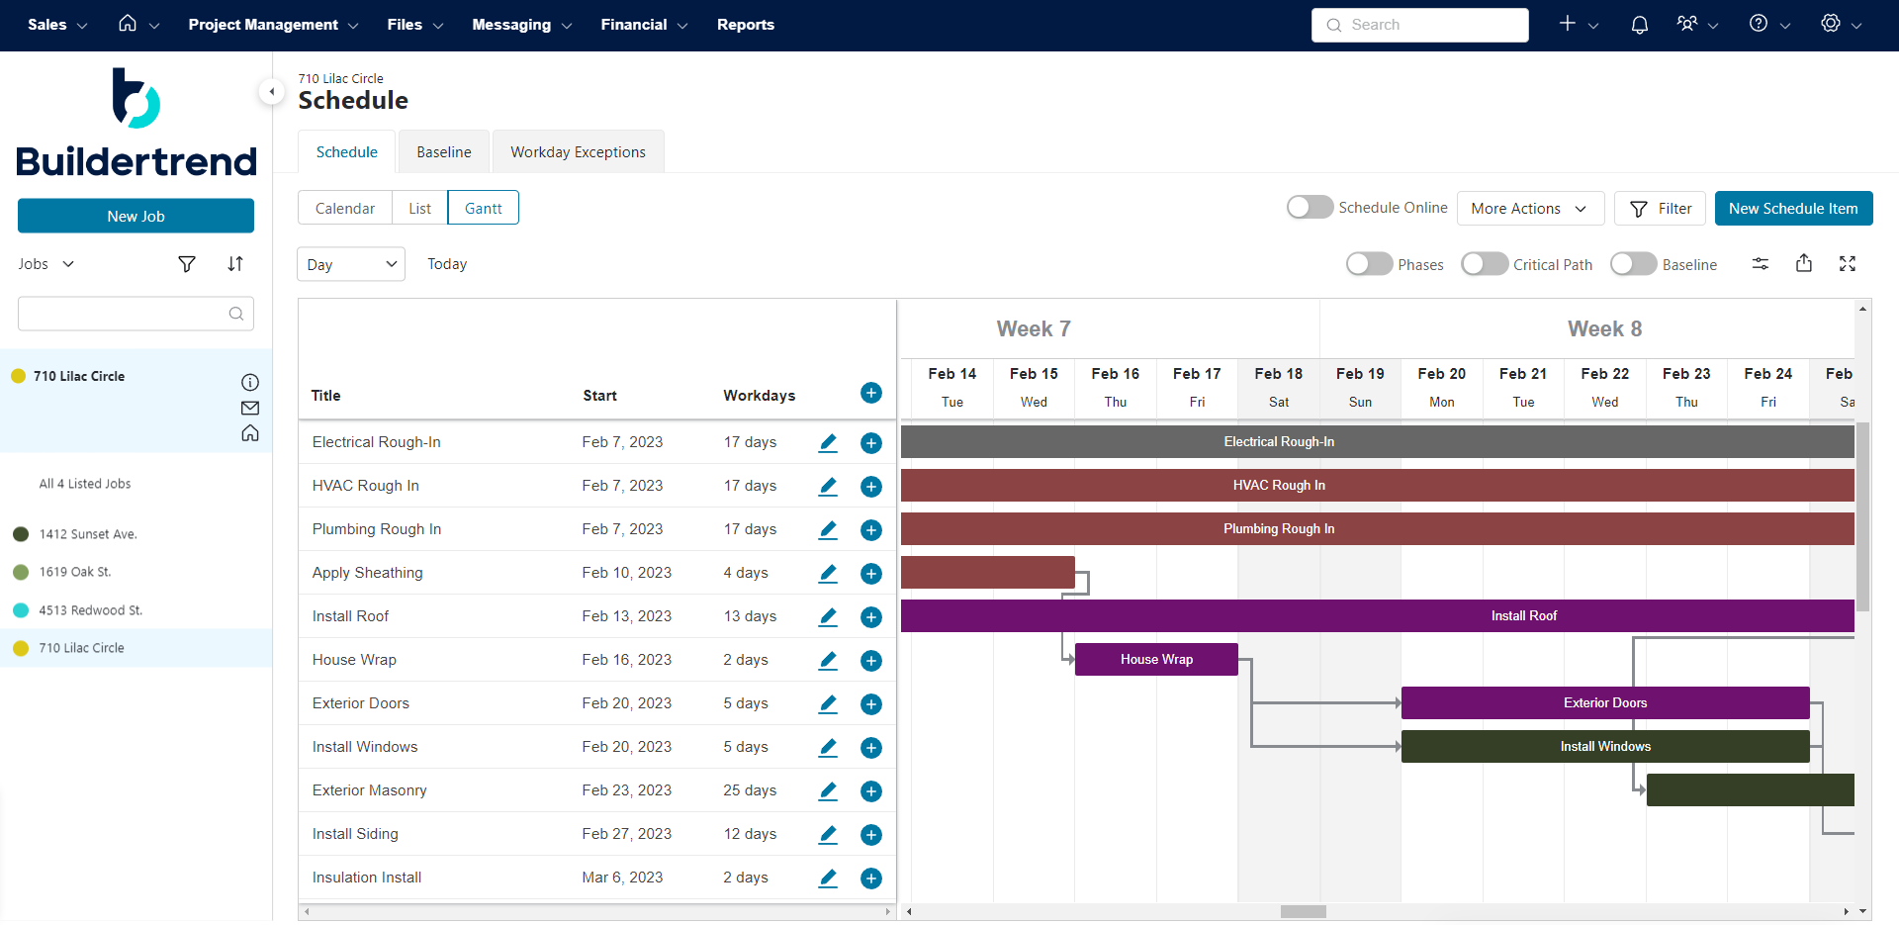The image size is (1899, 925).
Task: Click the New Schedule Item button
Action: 1792,209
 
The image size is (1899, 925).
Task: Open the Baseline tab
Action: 443,152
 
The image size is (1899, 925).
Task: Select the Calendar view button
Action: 345,209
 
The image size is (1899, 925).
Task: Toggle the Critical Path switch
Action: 1485,264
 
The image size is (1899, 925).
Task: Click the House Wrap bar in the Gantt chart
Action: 1155,660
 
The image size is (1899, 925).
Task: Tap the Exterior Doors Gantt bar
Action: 1604,703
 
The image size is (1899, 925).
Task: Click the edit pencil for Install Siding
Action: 828,834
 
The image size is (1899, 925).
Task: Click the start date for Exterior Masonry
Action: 626,790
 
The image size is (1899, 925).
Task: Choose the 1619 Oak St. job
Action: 75,572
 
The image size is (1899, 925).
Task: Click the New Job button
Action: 136,217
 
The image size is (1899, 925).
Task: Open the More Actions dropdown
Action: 1529,209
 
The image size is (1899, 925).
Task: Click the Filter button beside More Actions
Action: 1660,209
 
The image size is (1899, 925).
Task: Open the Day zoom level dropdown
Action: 351,264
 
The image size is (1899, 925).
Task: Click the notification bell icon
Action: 1639,25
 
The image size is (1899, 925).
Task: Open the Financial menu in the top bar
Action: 643,25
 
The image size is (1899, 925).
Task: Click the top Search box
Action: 1419,25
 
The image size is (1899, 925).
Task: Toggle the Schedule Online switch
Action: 1310,208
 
